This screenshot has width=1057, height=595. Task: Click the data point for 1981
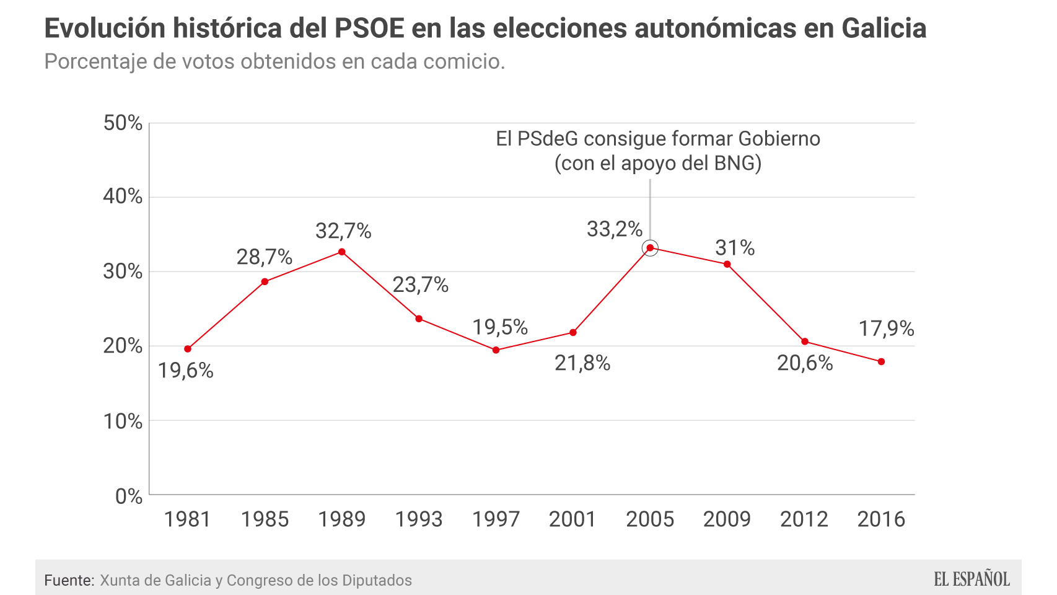pyautogui.click(x=188, y=349)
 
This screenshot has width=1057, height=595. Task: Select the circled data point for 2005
pyautogui.click(x=650, y=248)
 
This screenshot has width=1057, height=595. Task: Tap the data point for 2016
pyautogui.click(x=881, y=361)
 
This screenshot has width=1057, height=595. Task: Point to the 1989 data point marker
pyautogui.click(x=342, y=252)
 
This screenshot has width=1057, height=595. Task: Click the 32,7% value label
pyautogui.click(x=343, y=231)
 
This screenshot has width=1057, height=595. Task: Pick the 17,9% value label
pyautogui.click(x=886, y=328)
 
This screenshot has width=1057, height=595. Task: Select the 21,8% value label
pyautogui.click(x=582, y=363)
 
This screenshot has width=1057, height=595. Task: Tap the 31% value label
pyautogui.click(x=735, y=248)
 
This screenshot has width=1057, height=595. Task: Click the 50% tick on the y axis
pyautogui.click(x=123, y=123)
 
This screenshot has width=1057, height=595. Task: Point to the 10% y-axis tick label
pyautogui.click(x=123, y=421)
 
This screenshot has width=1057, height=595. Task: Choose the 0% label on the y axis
pyautogui.click(x=129, y=496)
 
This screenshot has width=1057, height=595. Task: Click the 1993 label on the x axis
pyautogui.click(x=419, y=519)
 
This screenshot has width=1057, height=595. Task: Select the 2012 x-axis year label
pyautogui.click(x=804, y=519)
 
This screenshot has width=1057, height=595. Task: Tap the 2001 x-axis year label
pyautogui.click(x=572, y=519)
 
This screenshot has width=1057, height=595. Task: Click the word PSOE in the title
pyautogui.click(x=370, y=29)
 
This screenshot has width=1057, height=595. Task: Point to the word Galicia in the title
pyautogui.click(x=884, y=29)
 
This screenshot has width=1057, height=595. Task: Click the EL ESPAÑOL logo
pyautogui.click(x=971, y=580)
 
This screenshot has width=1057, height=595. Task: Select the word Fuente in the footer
pyautogui.click(x=68, y=581)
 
